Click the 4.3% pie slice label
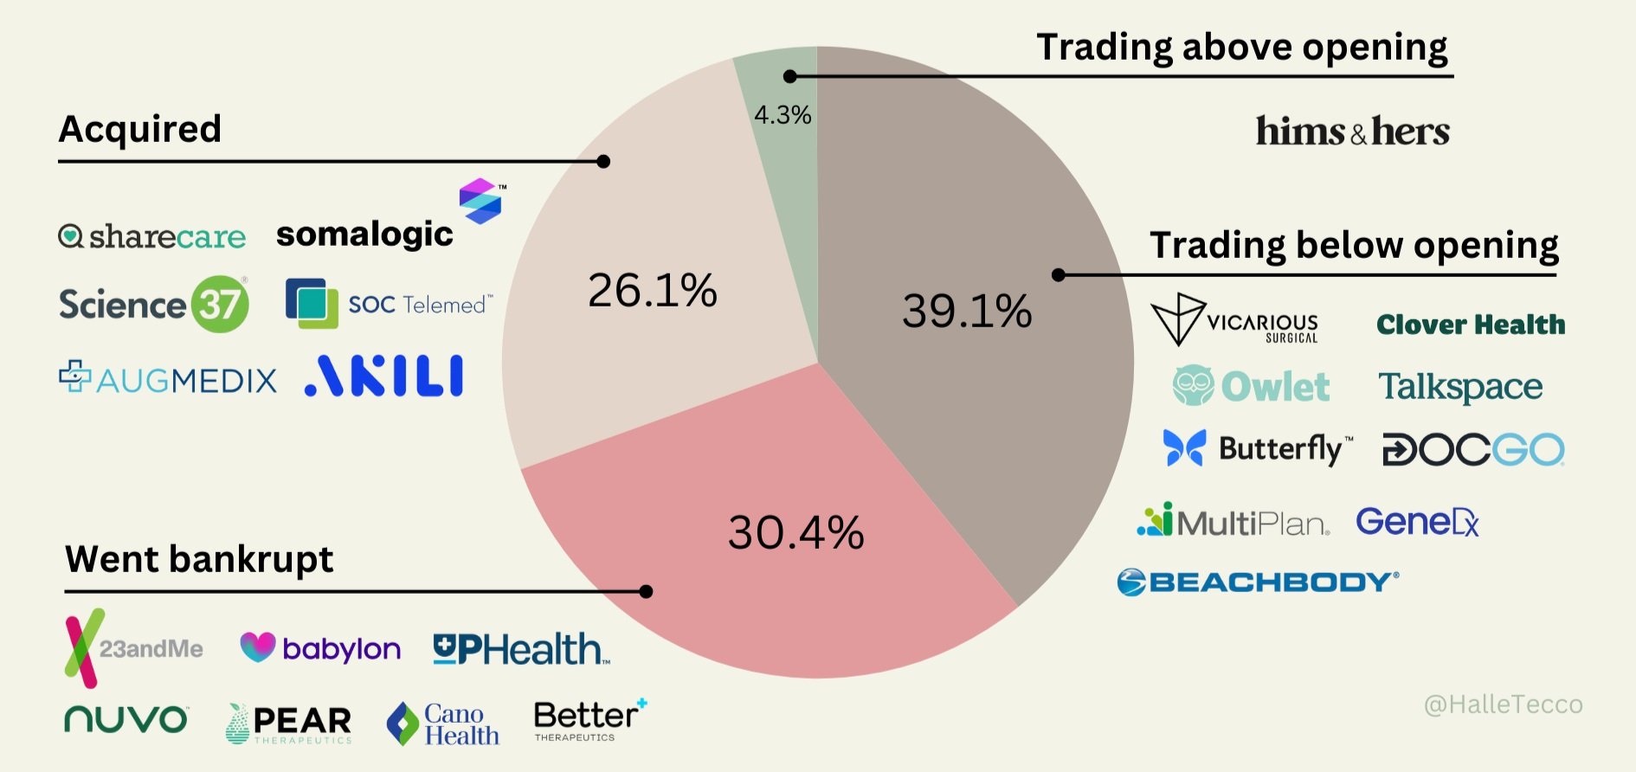point(783,115)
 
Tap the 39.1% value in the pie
point(967,311)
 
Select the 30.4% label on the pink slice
point(795,532)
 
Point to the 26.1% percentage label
point(652,290)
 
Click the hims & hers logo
point(1352,132)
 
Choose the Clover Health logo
point(1471,325)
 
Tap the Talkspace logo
point(1460,387)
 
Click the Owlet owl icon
point(1194,385)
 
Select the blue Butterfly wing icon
point(1184,447)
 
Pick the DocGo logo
point(1473,449)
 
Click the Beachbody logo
point(1257,582)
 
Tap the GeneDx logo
point(1417,522)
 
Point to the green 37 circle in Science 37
point(220,304)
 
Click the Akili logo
point(384,376)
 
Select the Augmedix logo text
point(185,380)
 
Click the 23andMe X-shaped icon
point(84,648)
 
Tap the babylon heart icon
point(257,647)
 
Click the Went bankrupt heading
point(199,559)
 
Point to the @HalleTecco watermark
point(1503,704)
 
